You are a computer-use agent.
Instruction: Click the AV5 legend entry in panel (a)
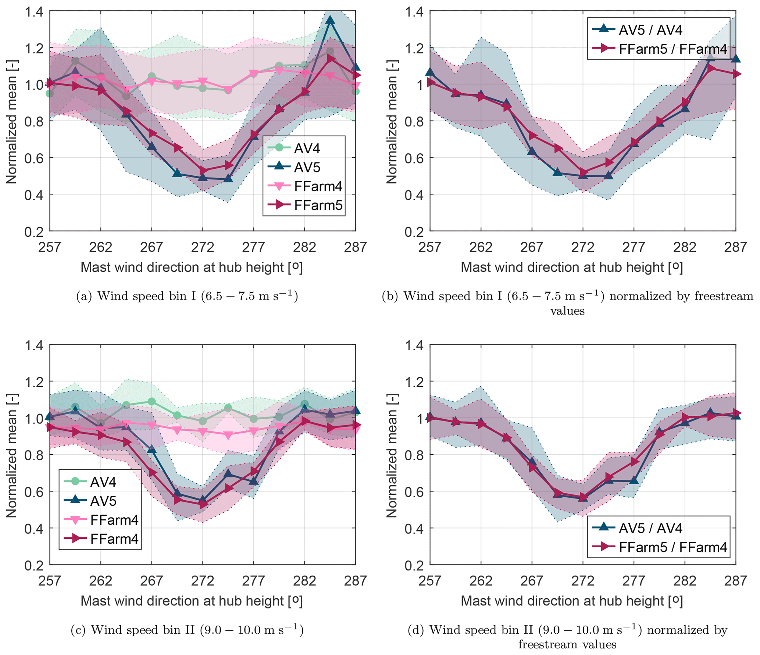click(307, 168)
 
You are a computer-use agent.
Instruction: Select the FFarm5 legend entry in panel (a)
click(318, 205)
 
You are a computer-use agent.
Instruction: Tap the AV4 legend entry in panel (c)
click(103, 482)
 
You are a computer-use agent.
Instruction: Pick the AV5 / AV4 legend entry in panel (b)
click(650, 30)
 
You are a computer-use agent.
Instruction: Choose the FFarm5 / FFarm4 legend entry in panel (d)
click(672, 547)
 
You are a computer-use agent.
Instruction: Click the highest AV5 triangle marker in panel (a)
click(330, 20)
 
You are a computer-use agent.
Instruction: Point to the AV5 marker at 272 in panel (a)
click(203, 178)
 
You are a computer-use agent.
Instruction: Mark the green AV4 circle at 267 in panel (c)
click(151, 401)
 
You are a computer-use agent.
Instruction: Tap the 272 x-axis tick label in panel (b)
click(582, 247)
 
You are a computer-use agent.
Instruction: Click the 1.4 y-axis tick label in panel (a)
click(33, 12)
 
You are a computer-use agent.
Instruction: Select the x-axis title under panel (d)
click(571, 601)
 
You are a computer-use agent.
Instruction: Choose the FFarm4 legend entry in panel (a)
click(318, 187)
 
